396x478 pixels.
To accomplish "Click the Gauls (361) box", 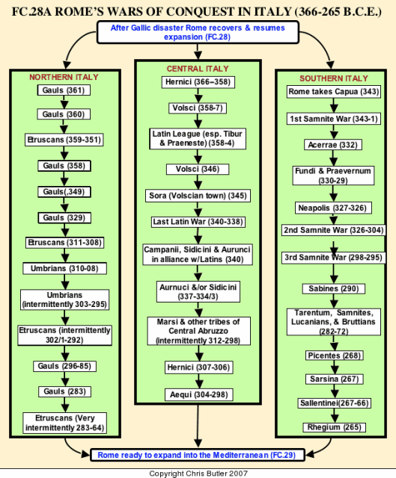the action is pos(64,90).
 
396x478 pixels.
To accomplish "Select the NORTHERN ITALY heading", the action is pos(64,77).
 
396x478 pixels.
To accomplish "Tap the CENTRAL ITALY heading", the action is pos(198,69).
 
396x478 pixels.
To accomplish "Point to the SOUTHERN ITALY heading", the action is pos(334,78).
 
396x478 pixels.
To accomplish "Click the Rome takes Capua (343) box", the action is pos(334,92).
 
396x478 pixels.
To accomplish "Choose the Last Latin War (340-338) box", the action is pos(198,222).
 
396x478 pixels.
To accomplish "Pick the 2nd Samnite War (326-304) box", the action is pos(333,230).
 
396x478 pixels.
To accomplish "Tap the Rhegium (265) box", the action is pos(335,427).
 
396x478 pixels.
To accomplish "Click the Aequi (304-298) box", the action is pos(199,395).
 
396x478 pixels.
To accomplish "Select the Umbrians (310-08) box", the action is pos(64,269).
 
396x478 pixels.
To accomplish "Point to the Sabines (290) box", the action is pos(334,289).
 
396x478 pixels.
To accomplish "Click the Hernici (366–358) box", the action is pos(198,82).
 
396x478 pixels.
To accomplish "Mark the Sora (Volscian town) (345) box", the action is pos(198,196).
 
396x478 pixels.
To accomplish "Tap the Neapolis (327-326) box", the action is pos(333,208).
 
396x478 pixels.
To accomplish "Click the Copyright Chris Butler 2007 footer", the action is pos(198,474).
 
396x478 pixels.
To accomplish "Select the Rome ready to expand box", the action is pos(198,455).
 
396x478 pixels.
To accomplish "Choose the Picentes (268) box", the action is pos(335,356).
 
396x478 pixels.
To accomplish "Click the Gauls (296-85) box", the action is pos(64,366).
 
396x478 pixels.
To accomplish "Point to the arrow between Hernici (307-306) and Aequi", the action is pos(199,381).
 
